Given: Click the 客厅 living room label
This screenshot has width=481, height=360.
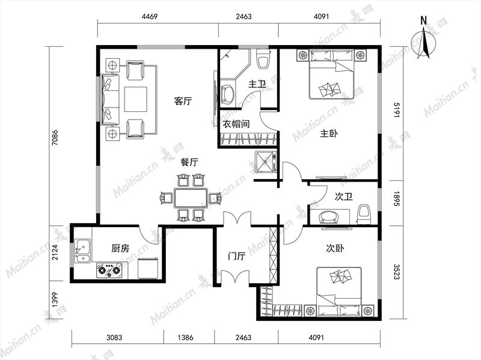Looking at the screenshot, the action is click(183, 100).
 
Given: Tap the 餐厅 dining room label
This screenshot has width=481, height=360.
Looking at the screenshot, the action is click(189, 162).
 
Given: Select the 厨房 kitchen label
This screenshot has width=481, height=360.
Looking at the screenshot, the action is click(120, 248).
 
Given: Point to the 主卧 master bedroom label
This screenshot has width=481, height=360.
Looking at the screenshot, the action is click(329, 133).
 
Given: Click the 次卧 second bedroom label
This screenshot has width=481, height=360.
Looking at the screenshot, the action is click(335, 248).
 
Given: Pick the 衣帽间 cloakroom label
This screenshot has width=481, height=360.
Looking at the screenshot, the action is click(236, 124).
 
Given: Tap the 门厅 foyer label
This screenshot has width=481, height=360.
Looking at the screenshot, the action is click(236, 255).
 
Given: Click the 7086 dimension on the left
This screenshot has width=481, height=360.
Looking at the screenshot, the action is click(55, 138).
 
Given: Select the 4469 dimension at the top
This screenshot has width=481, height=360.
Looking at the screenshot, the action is click(150, 16).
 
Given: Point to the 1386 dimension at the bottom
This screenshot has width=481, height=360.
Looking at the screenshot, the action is click(185, 338).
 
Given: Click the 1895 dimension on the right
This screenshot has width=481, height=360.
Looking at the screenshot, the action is click(397, 198).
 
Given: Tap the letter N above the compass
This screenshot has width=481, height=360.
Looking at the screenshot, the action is click(424, 20).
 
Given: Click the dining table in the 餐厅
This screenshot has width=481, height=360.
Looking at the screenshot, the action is click(191, 198).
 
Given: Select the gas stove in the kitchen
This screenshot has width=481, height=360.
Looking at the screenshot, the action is click(109, 270).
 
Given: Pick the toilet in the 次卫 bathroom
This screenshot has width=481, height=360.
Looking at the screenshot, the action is click(364, 214).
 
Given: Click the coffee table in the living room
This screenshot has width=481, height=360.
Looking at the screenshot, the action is click(136, 99).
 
